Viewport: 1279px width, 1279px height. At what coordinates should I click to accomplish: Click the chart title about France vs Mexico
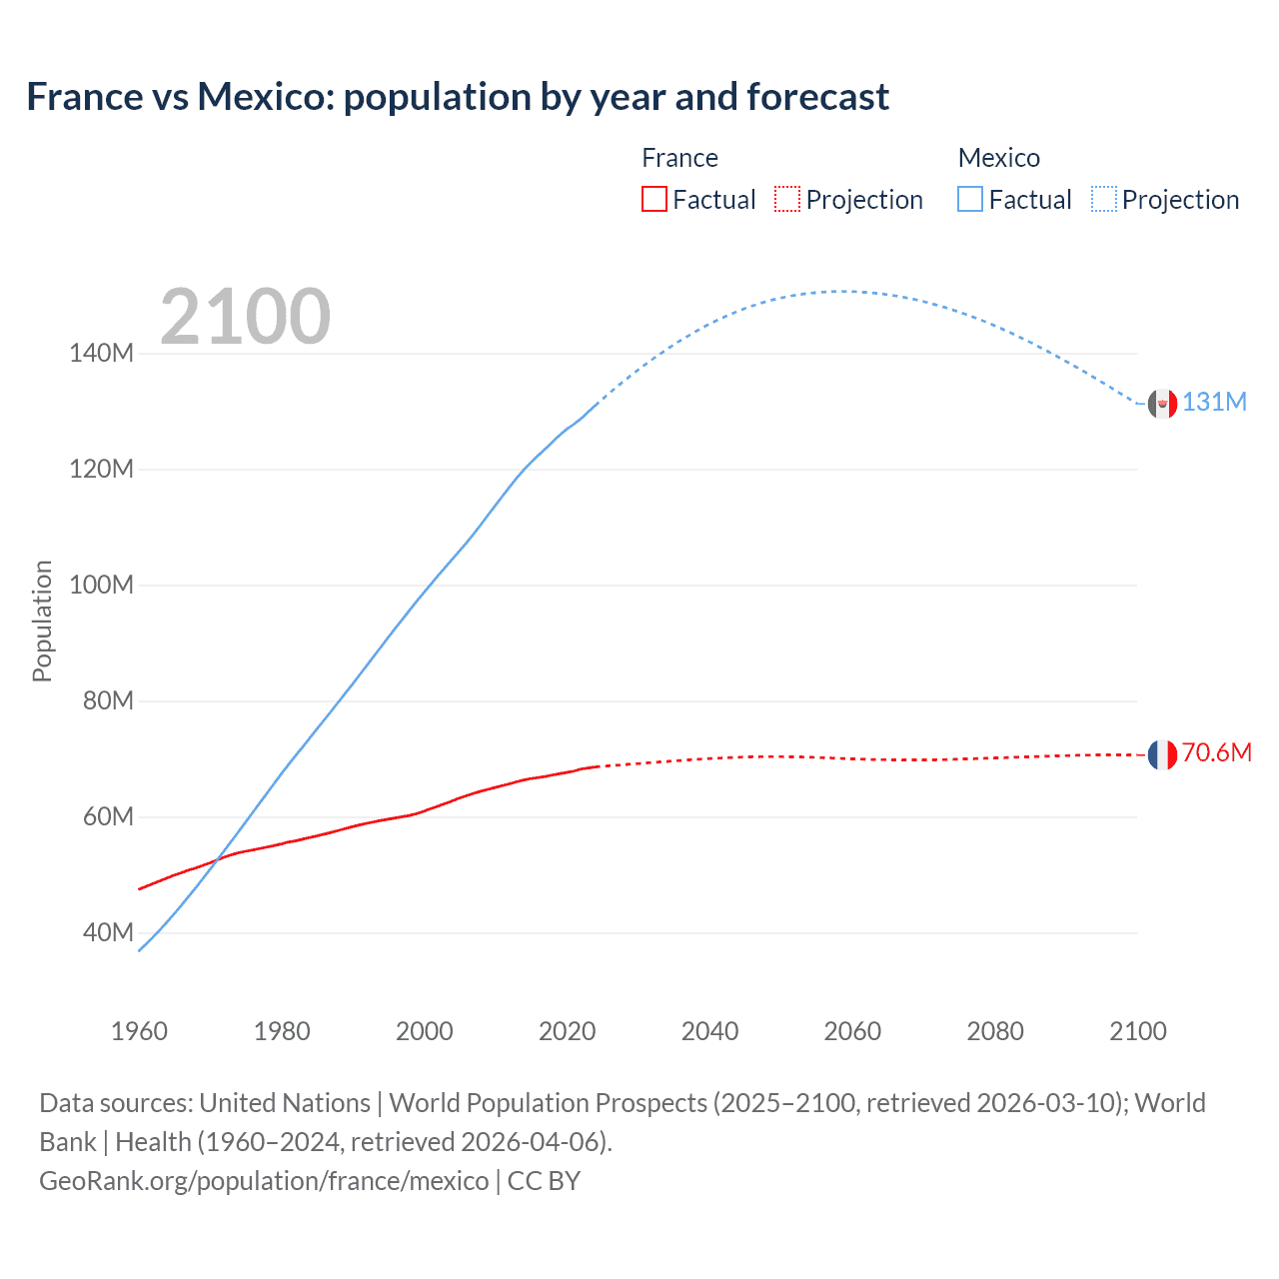click(458, 97)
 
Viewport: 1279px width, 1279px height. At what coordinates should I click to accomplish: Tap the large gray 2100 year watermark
click(245, 317)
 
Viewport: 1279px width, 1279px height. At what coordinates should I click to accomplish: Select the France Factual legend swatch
click(653, 199)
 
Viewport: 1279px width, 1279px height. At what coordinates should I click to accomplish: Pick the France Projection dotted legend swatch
click(787, 199)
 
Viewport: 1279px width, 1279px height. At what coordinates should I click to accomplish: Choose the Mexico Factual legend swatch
click(970, 199)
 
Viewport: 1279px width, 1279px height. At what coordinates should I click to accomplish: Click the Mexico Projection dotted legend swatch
click(1103, 199)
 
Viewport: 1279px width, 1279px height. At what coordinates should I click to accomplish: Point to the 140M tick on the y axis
click(101, 353)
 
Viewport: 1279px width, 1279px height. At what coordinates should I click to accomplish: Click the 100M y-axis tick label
click(101, 585)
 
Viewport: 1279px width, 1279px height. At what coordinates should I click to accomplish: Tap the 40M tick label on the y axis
click(108, 932)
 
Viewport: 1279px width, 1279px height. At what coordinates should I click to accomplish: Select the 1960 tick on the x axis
click(139, 1031)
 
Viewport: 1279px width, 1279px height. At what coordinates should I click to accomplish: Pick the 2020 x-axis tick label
click(567, 1031)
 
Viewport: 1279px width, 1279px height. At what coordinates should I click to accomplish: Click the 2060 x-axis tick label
click(852, 1031)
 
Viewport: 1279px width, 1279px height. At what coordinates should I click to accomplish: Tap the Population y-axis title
click(42, 621)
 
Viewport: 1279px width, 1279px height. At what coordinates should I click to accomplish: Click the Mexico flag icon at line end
click(1162, 404)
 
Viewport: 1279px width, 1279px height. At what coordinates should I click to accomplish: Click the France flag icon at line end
click(1162, 755)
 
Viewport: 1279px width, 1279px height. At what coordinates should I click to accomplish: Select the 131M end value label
click(1214, 402)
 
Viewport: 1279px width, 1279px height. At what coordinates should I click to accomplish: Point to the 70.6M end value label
click(1216, 752)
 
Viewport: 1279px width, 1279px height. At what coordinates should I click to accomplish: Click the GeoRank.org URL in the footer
click(264, 1181)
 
